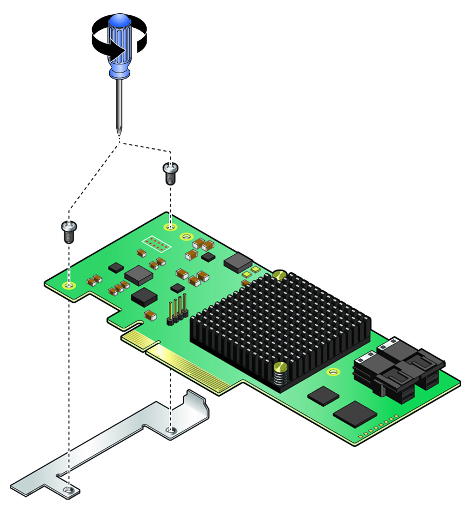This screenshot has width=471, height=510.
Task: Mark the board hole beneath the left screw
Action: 69,285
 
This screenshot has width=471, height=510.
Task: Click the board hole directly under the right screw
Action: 171,226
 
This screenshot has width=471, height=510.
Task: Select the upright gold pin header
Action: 177,309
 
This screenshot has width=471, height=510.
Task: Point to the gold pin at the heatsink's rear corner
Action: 280,275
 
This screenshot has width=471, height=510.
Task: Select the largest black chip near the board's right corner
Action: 354,413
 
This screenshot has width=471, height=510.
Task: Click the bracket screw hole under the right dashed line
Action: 171,431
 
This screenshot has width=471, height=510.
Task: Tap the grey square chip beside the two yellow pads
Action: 238,262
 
